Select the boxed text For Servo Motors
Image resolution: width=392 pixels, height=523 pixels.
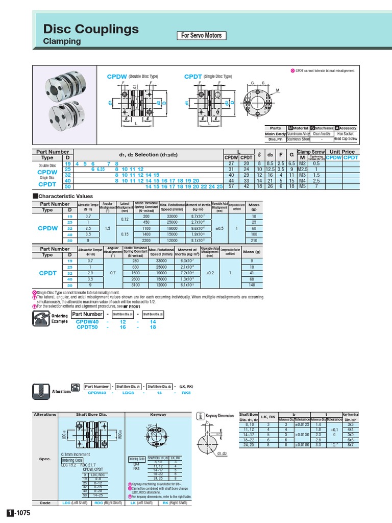[202, 35]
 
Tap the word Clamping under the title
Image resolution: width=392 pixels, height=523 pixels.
[62, 41]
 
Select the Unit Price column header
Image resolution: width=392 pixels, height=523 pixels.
[342, 152]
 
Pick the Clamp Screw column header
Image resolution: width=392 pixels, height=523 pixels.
[311, 152]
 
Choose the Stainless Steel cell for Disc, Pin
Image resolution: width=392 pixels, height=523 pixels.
[298, 139]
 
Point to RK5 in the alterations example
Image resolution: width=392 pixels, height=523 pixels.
[186, 393]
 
